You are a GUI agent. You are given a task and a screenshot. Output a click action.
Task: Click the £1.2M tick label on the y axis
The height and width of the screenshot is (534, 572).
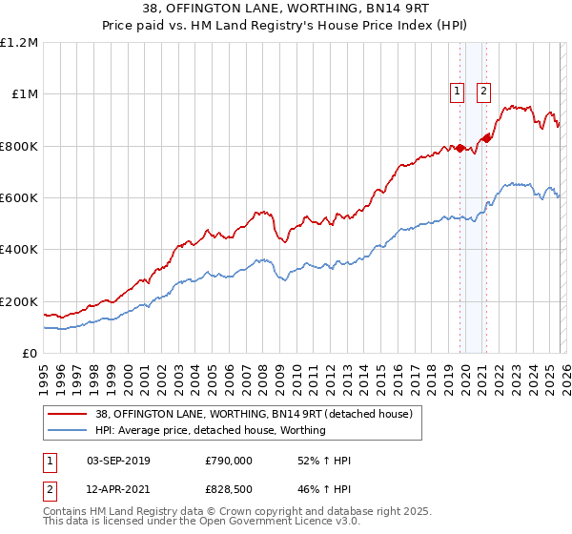(x=20, y=42)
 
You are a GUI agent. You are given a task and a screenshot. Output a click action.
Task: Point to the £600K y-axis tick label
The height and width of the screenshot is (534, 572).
(x=19, y=197)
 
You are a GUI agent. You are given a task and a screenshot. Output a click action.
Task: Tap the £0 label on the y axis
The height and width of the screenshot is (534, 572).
(x=29, y=353)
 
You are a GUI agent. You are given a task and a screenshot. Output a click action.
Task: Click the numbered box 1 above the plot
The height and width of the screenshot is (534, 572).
(x=457, y=92)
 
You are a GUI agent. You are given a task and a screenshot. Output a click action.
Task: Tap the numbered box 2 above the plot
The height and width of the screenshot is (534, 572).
(x=483, y=92)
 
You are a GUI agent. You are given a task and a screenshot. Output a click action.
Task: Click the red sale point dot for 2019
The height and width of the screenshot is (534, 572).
(x=460, y=148)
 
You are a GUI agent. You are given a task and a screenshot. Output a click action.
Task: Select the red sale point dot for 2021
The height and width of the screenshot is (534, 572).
(x=486, y=138)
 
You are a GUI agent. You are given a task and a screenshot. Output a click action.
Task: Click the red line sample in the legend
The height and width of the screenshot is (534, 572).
(x=68, y=414)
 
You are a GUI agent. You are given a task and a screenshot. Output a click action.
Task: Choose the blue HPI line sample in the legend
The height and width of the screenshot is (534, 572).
(x=68, y=430)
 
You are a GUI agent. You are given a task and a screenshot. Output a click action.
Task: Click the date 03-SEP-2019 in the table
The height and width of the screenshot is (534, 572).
(x=118, y=461)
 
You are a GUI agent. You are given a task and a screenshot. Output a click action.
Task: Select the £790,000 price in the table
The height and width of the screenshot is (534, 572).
(x=228, y=461)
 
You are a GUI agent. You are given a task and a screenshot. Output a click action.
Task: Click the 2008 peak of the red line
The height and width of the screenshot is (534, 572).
(x=257, y=212)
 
